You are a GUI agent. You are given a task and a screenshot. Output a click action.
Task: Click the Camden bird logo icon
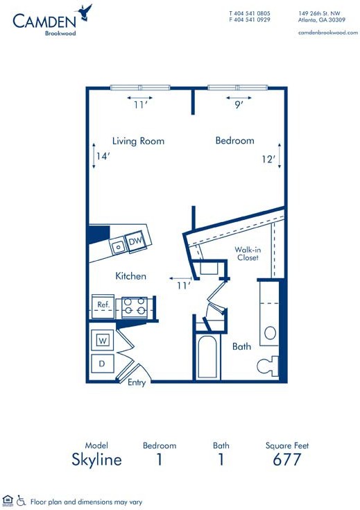85,12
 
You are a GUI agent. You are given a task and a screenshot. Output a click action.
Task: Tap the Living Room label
138,141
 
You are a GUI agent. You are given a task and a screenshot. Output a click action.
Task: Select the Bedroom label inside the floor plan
234,140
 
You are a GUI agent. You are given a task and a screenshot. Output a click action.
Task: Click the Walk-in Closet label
248,254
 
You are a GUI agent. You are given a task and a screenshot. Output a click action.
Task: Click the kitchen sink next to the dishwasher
118,246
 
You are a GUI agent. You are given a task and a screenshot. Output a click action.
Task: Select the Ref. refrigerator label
103,305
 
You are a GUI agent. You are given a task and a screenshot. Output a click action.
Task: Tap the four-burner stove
135,307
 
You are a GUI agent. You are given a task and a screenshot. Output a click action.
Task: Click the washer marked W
103,341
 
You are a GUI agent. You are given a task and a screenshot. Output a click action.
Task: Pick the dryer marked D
102,364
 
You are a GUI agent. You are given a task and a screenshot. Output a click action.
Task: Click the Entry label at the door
137,382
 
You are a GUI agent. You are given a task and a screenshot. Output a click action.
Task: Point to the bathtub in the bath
207,357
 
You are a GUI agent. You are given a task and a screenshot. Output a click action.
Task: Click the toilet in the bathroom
268,366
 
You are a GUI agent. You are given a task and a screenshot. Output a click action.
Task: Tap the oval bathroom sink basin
271,333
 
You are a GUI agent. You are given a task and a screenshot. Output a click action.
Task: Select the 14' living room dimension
103,156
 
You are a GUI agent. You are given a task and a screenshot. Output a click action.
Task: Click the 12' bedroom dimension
268,159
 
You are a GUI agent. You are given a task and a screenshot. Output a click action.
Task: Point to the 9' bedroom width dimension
239,105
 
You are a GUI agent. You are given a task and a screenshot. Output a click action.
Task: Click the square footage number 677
287,459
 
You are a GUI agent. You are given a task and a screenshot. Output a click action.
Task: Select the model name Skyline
96,459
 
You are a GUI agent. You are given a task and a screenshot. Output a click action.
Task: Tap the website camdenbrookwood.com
328,33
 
